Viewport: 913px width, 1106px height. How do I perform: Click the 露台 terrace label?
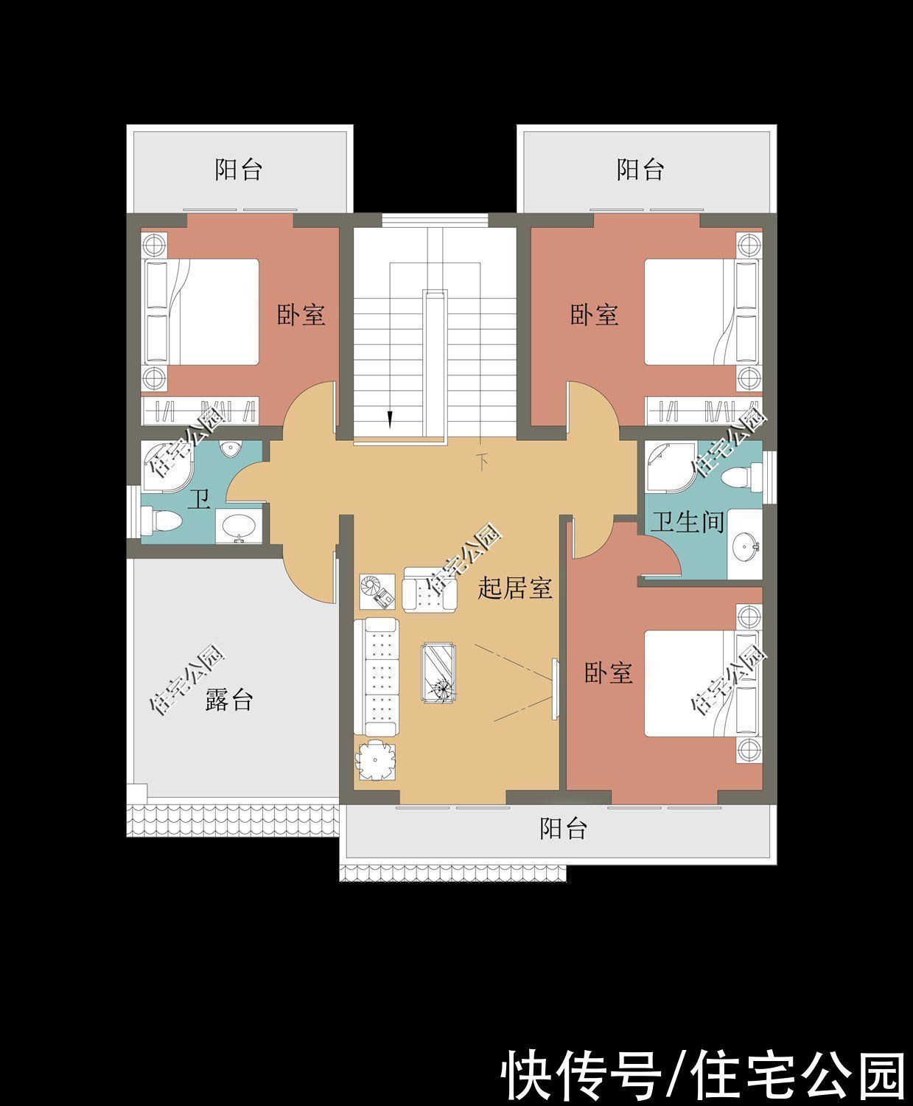coord(228,699)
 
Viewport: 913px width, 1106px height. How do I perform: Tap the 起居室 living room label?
coord(515,588)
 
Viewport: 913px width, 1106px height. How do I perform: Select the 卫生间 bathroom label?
coord(687,523)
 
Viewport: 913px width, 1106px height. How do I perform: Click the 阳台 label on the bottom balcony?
coord(563,828)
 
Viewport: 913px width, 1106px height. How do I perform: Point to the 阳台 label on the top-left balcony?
coord(238,170)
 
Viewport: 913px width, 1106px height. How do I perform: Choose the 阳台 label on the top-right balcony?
coord(640,170)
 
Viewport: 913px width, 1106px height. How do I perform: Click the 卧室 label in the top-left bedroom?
coord(301,315)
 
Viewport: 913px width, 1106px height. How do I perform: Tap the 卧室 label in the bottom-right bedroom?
coord(608,672)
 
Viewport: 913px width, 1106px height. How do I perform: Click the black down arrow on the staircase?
coord(390,420)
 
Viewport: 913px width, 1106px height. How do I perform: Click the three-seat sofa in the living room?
coord(377,677)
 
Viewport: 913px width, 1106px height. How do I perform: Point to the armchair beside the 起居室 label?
coord(430,591)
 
